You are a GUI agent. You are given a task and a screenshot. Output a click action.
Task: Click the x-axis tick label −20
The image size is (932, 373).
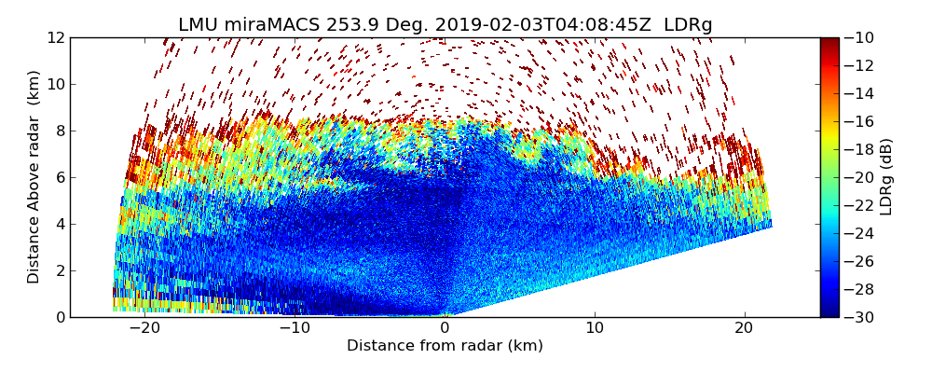[x=144, y=328]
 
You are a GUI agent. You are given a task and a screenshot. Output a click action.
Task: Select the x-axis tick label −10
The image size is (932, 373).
[x=295, y=328]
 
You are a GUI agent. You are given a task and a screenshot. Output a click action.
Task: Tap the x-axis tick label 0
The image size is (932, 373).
[x=445, y=328]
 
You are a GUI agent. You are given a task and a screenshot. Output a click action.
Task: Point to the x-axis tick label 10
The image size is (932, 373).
[x=595, y=328]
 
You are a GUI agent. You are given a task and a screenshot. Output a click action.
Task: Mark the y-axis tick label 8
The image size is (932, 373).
[x=60, y=131]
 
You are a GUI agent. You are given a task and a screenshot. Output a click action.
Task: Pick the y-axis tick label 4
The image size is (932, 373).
[x=60, y=224]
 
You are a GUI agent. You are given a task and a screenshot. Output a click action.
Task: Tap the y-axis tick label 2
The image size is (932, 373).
[x=60, y=270]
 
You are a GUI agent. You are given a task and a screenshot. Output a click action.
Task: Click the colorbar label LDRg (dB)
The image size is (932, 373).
[x=886, y=177]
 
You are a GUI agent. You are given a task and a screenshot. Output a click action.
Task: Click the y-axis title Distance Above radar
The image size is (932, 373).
[x=34, y=177]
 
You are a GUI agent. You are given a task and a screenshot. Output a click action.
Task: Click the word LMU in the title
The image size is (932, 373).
[x=197, y=25]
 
